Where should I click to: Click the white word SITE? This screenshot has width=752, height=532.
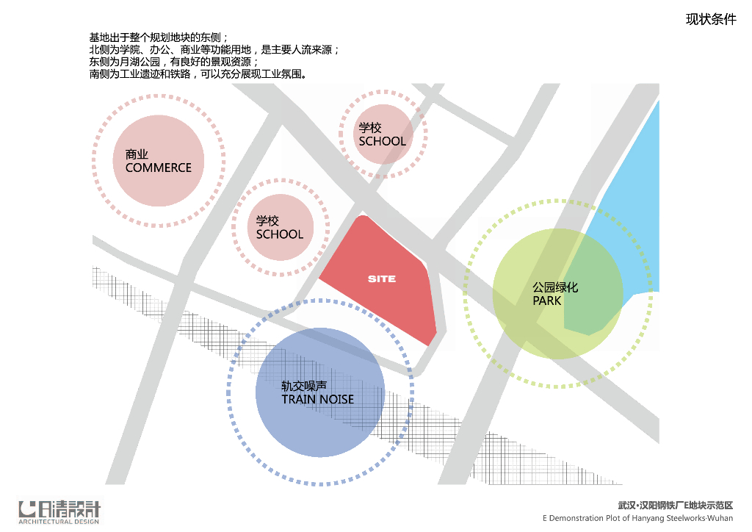point(382,279)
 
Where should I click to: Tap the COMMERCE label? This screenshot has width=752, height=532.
point(158,168)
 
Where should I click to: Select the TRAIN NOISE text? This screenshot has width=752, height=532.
point(317,399)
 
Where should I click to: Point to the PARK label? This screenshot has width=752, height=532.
point(547,301)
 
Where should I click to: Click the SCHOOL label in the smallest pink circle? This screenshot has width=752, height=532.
point(382,141)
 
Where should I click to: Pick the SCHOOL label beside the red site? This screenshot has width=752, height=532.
point(279,234)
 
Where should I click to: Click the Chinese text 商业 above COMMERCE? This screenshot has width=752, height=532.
point(137,154)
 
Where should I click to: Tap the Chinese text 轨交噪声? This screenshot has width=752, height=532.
point(304,386)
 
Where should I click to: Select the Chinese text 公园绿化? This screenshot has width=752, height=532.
point(555,287)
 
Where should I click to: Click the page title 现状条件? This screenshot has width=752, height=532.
point(711,20)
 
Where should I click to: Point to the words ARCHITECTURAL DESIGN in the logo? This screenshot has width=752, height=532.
point(59,522)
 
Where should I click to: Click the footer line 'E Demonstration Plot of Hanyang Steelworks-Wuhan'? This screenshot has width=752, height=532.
point(638,518)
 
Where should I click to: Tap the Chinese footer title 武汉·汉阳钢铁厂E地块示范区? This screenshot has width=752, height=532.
point(676,506)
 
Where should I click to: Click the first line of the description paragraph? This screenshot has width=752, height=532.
point(159,37)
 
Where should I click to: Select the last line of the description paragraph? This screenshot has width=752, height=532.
point(198,74)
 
